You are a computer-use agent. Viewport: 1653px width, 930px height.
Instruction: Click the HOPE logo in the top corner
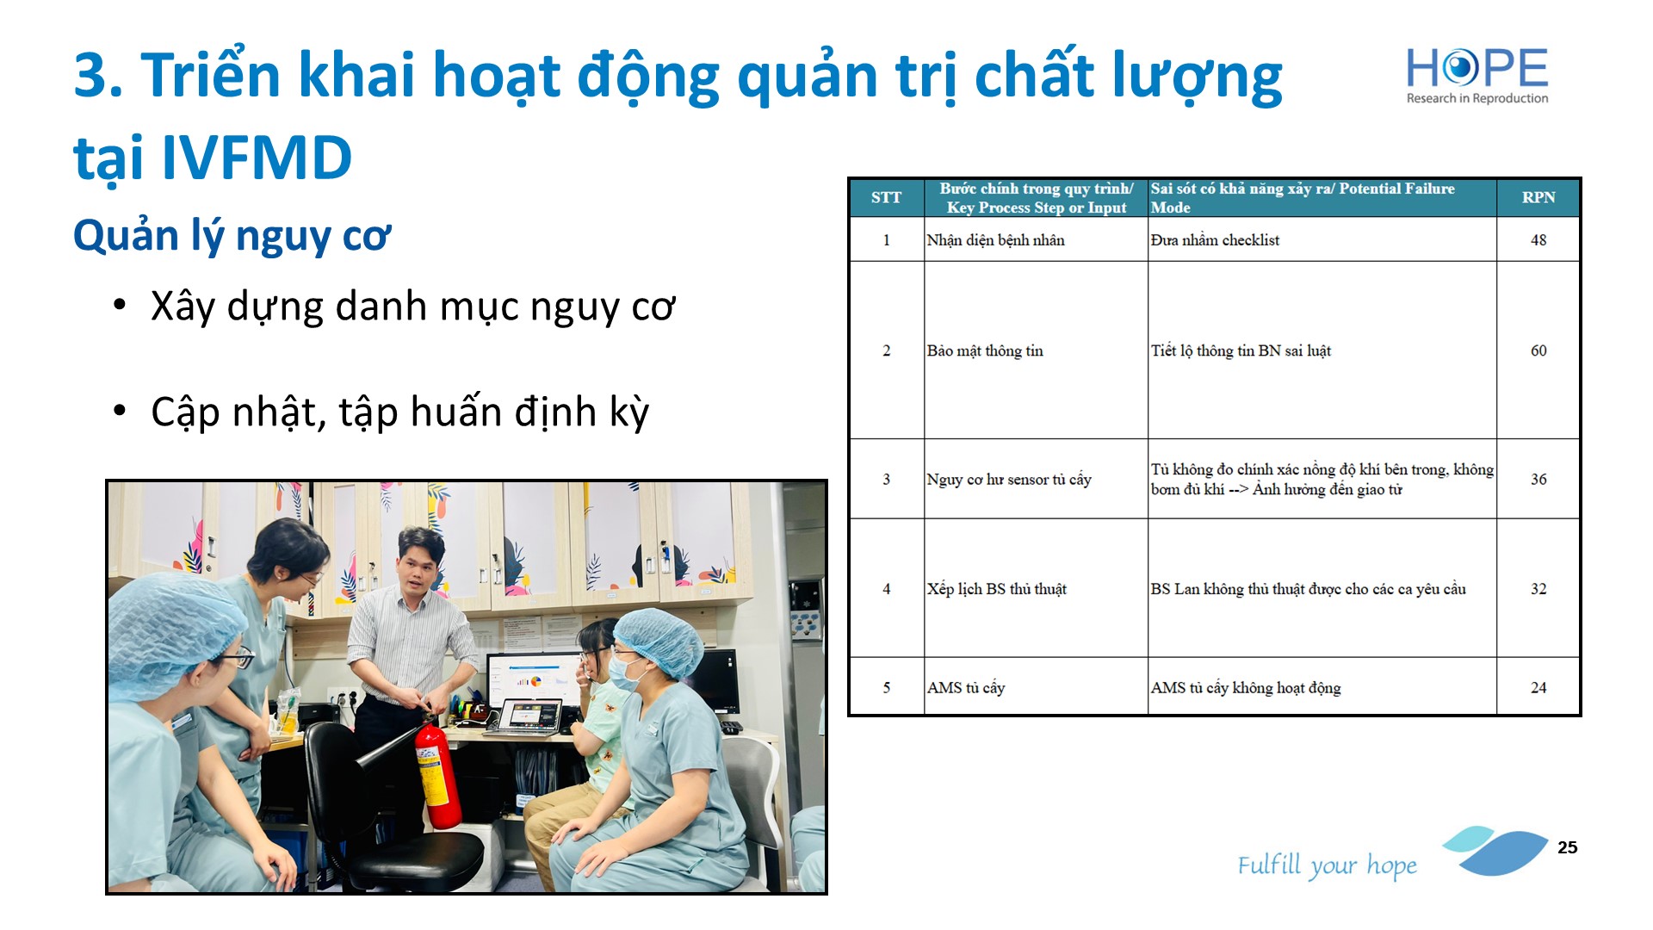1477,76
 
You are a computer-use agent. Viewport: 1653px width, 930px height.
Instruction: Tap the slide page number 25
1567,847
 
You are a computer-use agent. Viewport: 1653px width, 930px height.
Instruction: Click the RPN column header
1538,197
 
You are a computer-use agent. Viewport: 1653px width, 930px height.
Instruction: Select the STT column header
886,197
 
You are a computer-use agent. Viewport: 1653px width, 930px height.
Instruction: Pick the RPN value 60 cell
1538,350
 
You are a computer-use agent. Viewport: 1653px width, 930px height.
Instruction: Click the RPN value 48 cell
1538,239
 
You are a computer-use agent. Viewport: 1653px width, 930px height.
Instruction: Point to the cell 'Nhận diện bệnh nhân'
1036,239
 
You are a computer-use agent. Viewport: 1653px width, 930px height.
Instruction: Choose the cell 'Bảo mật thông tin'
1036,350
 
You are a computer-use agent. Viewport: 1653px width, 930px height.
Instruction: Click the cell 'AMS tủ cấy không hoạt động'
1322,687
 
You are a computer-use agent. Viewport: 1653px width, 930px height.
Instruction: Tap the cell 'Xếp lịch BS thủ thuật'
1036,589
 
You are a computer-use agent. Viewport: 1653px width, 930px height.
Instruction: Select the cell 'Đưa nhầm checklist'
1322,239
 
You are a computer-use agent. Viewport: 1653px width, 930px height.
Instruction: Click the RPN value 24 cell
1538,687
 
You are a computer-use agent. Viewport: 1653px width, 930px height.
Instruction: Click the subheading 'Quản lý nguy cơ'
232,236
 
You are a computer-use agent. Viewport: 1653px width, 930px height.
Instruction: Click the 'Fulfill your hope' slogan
1327,865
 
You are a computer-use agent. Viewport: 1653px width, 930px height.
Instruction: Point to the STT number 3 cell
886,479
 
